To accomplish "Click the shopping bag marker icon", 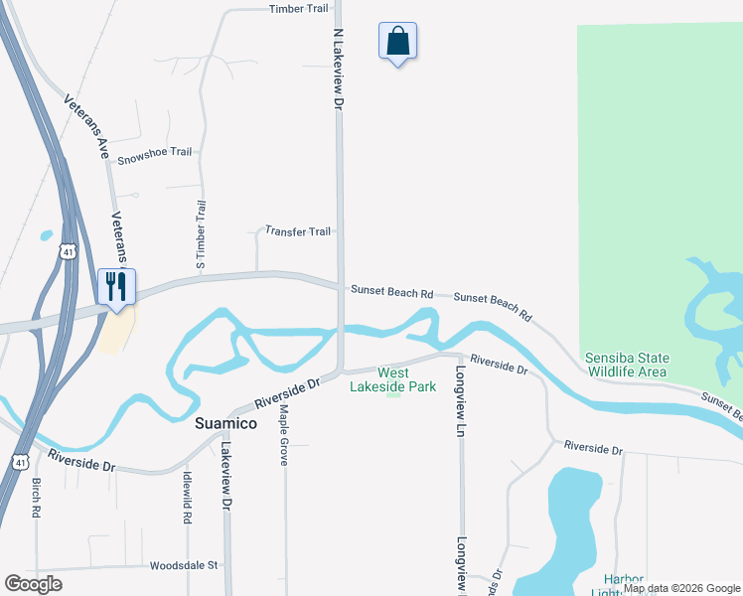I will pos(397,42).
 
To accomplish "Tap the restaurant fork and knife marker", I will pos(116,287).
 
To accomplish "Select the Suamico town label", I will pos(223,423).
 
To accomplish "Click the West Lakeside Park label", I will pos(392,379).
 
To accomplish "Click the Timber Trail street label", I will pos(298,9).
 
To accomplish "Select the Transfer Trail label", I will pos(298,231).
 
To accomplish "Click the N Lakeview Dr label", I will pos(338,68).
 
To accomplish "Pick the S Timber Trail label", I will pos(201,234).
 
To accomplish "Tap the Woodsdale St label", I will pos(184,566).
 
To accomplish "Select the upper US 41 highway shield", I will pos(67,250).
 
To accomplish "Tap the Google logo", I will pos(33,583).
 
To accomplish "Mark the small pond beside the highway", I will pos(46,236).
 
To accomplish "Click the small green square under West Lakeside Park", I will pos(394,392).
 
